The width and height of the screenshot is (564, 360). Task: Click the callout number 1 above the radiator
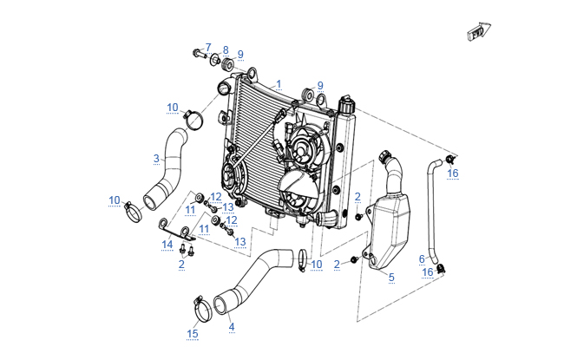tap(279, 84)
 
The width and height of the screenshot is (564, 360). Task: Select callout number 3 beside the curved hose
tap(156, 158)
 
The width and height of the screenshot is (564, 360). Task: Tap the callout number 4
tap(231, 327)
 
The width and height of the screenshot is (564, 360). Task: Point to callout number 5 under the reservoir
tap(390, 277)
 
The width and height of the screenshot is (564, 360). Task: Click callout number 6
tap(422, 259)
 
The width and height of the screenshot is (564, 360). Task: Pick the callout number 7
tap(208, 47)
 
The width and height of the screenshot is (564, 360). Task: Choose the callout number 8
tap(226, 50)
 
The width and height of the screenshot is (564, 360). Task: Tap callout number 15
tap(193, 333)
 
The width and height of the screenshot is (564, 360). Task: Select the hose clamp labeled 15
tap(199, 308)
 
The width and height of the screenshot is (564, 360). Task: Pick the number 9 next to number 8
tap(240, 54)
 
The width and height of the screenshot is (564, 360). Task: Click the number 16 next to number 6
tap(428, 272)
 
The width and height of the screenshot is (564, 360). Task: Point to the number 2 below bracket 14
tap(182, 264)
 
